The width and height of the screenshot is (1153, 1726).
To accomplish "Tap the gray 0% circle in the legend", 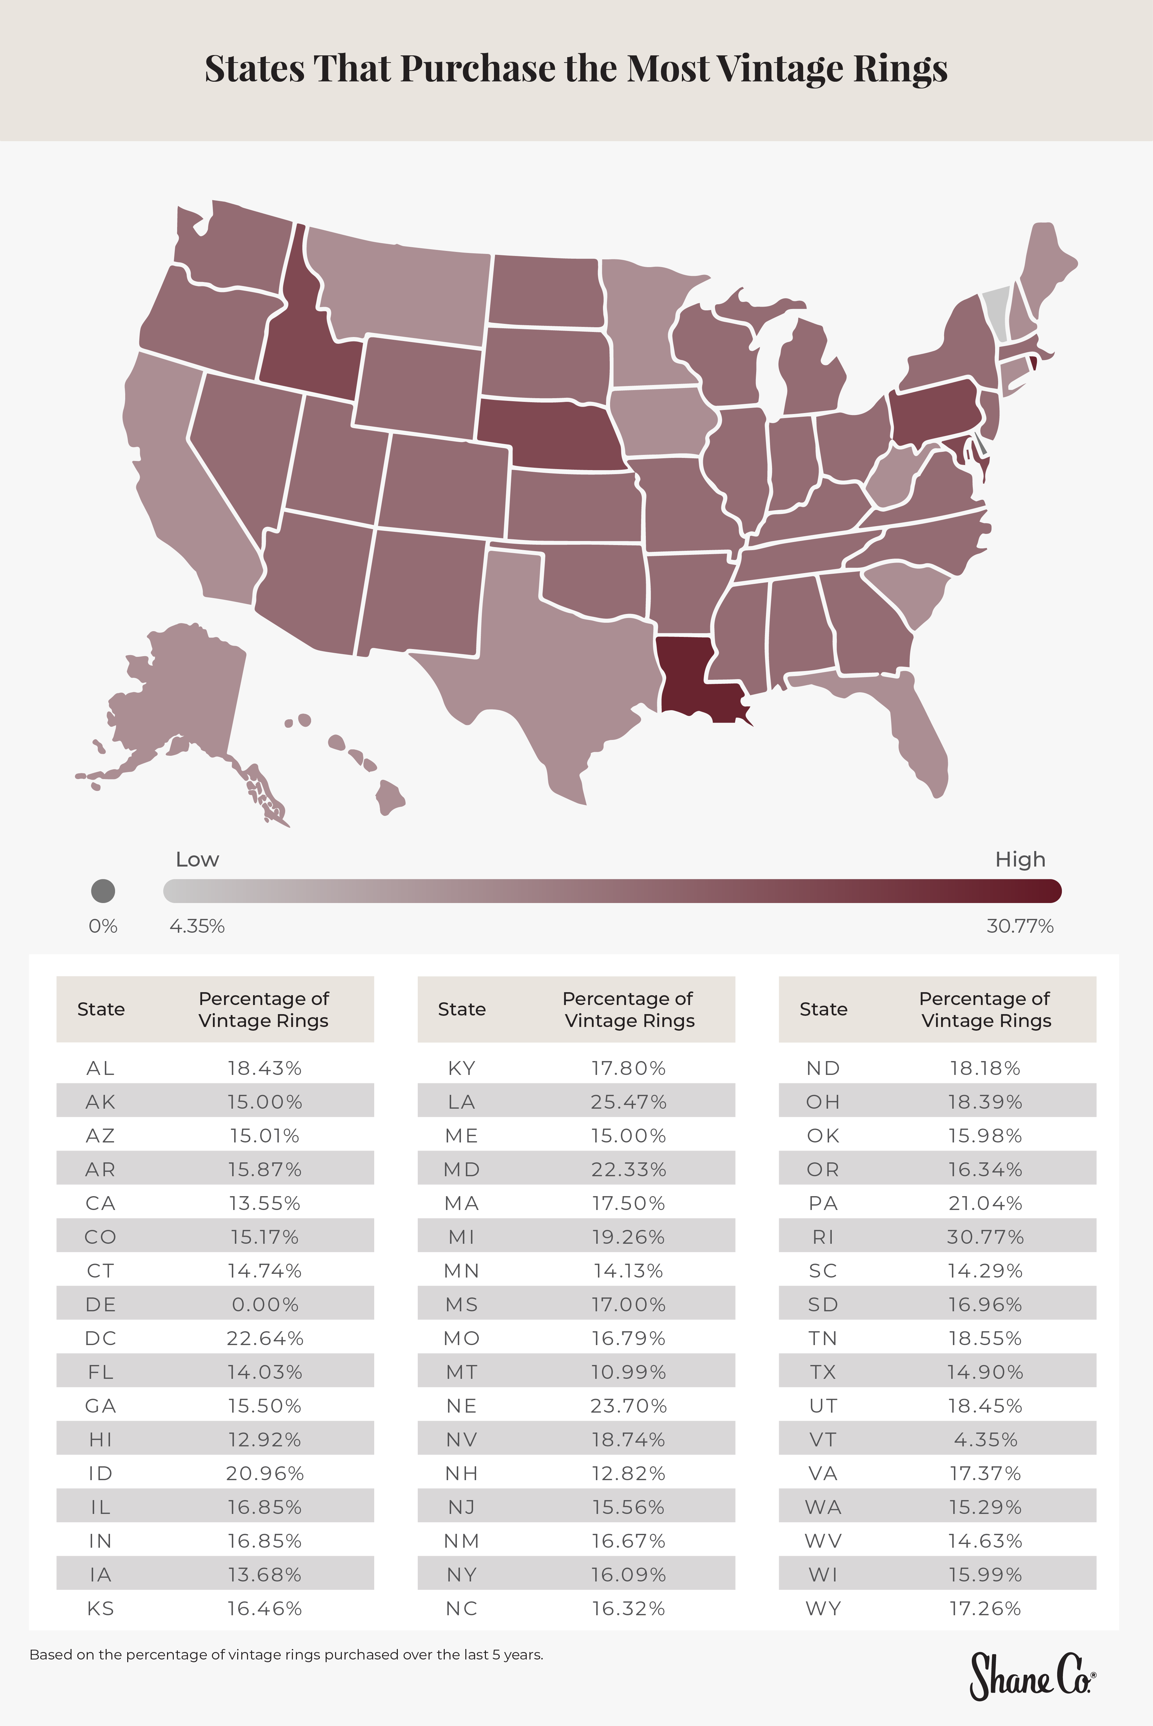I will pos(103,891).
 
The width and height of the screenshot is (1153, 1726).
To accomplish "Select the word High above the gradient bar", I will pos(1020,859).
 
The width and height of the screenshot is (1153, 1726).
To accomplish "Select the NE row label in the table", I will pos(462,1406).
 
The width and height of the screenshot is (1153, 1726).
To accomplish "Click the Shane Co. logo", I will pos(1031,1676).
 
